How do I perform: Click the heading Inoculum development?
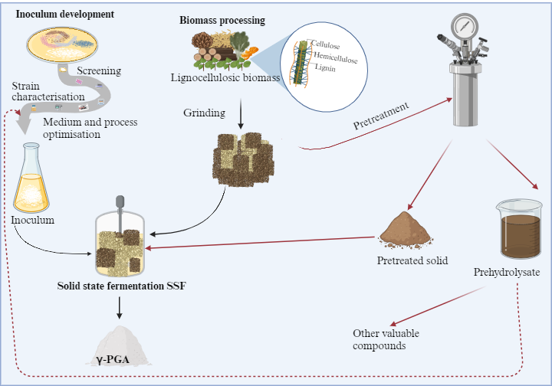(64, 14)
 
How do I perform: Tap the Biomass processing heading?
(222, 21)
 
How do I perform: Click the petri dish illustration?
(62, 44)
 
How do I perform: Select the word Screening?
(99, 70)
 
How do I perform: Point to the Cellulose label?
(326, 44)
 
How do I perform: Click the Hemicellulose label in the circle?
(336, 57)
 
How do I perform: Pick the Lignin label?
(325, 67)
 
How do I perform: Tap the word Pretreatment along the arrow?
(381, 116)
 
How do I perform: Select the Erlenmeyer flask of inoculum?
(31, 178)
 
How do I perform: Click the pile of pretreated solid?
(406, 230)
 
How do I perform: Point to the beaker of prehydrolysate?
(518, 228)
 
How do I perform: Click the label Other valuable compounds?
(386, 339)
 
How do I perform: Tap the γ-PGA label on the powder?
(112, 360)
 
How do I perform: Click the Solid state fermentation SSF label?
(121, 286)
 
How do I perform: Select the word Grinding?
(204, 113)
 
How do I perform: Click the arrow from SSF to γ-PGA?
(120, 308)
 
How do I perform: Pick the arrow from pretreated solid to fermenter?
(260, 243)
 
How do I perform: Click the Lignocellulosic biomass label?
(225, 77)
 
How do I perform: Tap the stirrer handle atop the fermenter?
(120, 201)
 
